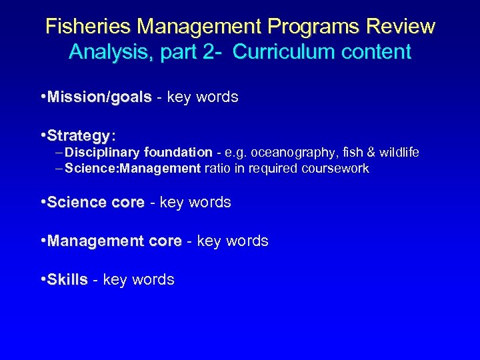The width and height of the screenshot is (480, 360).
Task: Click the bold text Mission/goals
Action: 99,97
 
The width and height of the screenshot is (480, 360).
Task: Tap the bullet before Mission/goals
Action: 43,97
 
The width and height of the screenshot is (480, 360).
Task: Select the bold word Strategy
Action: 79,136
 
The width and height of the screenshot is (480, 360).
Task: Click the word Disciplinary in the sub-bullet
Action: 98,153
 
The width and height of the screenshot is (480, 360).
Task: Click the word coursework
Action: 334,169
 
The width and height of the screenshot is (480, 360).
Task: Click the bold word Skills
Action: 67,280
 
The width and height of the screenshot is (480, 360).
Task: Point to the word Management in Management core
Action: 95,241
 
